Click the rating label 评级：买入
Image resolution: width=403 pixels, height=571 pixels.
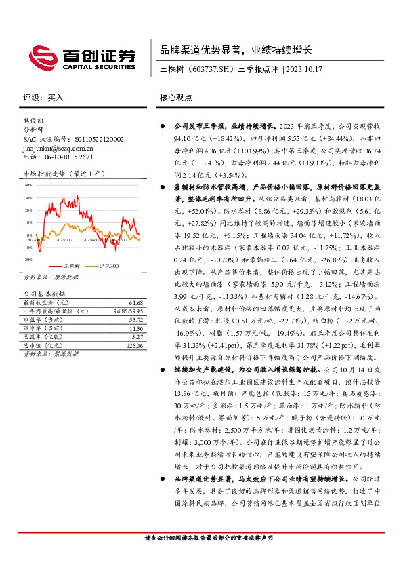pos(43,97)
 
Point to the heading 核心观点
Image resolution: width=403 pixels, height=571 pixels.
pos(175,97)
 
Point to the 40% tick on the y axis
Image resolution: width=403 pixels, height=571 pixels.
pos(28,184)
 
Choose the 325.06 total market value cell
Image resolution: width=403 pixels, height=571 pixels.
pos(135,346)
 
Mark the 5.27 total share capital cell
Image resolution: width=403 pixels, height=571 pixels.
pos(137,337)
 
